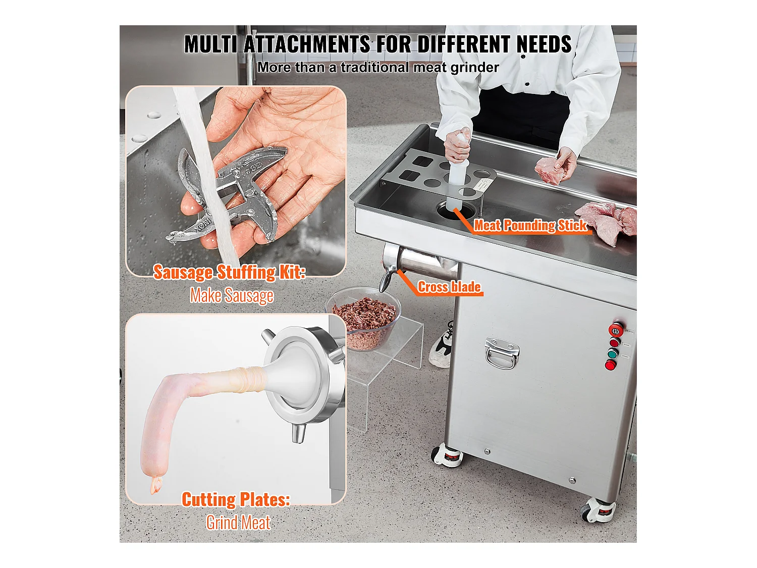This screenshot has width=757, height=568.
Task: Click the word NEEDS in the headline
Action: click(544, 44)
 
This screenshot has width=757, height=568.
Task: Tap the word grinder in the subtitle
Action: click(474, 68)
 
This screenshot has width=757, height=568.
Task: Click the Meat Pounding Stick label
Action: click(530, 226)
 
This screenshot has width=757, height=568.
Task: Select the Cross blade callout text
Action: click(449, 287)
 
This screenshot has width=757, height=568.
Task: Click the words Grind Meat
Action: click(238, 523)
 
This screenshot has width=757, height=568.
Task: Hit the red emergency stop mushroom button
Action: click(616, 330)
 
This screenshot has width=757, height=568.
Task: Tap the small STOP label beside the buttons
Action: click(626, 345)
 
